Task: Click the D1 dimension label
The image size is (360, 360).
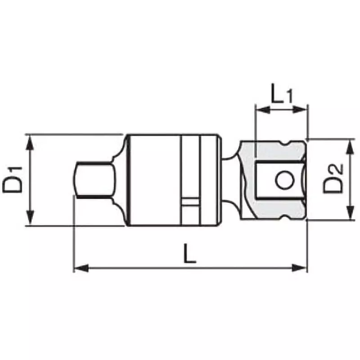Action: coord(14,180)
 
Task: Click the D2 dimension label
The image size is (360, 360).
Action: coord(333,179)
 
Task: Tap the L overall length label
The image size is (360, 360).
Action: coord(190,254)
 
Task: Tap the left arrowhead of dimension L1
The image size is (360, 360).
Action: coord(261,109)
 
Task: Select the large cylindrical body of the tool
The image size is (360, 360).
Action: coord(153,180)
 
